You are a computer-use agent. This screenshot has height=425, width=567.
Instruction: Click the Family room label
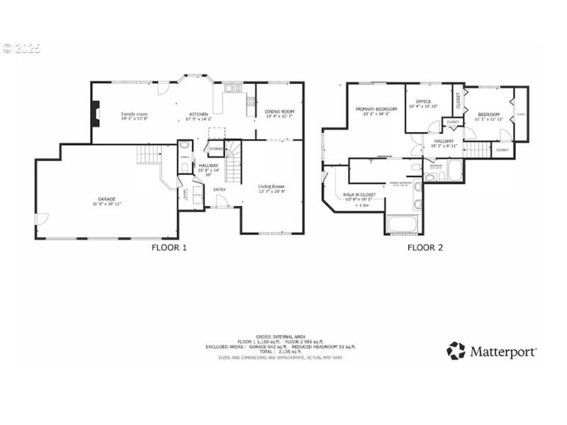tap(133, 113)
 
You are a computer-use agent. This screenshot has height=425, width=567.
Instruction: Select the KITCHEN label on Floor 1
tap(198, 114)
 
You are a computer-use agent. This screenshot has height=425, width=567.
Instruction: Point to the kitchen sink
tap(231, 89)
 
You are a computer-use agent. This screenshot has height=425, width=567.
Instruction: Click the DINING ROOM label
tap(279, 112)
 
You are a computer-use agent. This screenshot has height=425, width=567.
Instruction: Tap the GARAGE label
tap(106, 199)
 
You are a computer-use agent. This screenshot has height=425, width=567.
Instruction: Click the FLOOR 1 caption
tap(169, 248)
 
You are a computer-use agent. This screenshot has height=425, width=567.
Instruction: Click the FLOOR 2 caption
tap(425, 248)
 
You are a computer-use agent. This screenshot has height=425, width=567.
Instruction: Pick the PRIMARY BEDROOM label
tap(375, 109)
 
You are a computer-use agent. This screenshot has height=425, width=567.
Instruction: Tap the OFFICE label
tap(424, 102)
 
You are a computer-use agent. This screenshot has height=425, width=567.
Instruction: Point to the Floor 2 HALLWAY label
tap(444, 142)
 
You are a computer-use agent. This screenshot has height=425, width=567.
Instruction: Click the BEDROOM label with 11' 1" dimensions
tap(488, 114)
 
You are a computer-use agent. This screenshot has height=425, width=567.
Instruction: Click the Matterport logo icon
tap(456, 351)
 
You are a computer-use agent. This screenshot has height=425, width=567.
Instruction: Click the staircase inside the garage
tap(149, 154)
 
